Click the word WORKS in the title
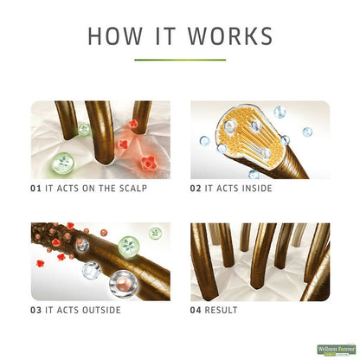230,36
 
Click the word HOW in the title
115,36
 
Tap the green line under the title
180,60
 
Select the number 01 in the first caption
35,189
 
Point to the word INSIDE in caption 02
257,189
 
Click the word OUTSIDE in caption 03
101,310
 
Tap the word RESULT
221,310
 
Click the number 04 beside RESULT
196,310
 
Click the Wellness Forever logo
337,350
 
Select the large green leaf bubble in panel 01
63,163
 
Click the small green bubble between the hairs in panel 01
84,130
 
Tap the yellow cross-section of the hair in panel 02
250,136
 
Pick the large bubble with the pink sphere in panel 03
124,284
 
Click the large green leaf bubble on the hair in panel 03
129,246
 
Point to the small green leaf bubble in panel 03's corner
156,233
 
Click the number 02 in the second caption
196,189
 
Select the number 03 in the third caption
35,310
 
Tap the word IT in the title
165,36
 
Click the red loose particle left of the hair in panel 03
40,263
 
